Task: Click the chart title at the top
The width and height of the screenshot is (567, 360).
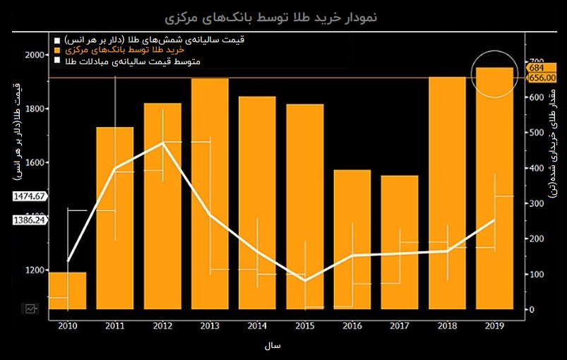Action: point(284,16)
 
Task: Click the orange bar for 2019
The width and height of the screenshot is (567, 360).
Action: point(494,188)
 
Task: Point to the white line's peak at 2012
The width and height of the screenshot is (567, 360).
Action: point(163,143)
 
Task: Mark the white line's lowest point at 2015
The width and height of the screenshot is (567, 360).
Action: point(305,281)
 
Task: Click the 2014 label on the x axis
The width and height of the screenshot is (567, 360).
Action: point(257,326)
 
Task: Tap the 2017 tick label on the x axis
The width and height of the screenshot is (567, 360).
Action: point(400,326)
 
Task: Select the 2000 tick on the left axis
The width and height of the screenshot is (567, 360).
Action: point(33,55)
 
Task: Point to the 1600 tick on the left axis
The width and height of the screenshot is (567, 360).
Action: point(33,162)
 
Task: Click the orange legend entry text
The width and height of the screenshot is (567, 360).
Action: point(124,51)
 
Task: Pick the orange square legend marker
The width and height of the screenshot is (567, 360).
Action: point(57,51)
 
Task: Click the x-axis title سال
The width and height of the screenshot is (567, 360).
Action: point(273,347)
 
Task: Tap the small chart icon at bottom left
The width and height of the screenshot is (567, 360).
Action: point(31,308)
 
